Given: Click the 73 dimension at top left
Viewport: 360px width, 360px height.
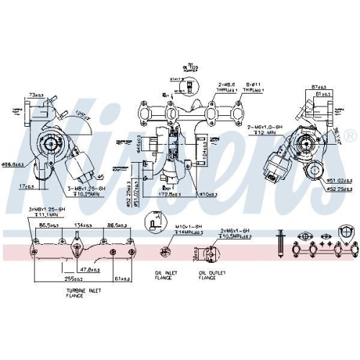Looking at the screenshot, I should pyautogui.click(x=36, y=95).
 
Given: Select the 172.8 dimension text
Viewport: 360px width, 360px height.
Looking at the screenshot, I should pyautogui.click(x=171, y=194).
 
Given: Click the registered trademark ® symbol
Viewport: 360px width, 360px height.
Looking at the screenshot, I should pyautogui.click(x=350, y=135).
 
